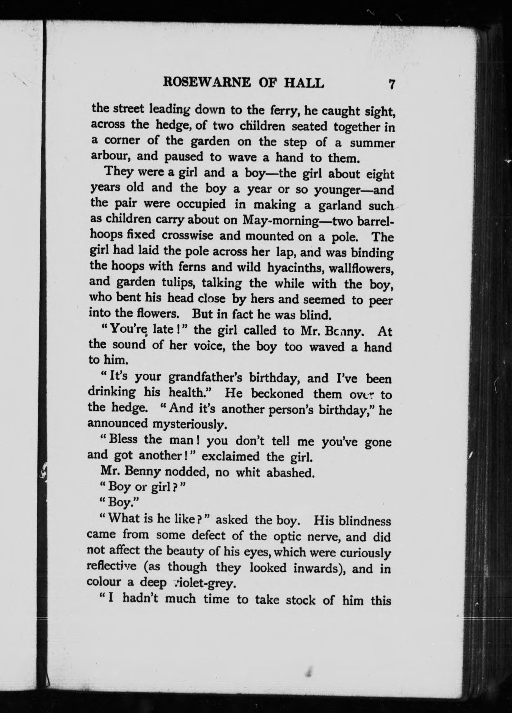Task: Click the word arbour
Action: (x=108, y=156)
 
